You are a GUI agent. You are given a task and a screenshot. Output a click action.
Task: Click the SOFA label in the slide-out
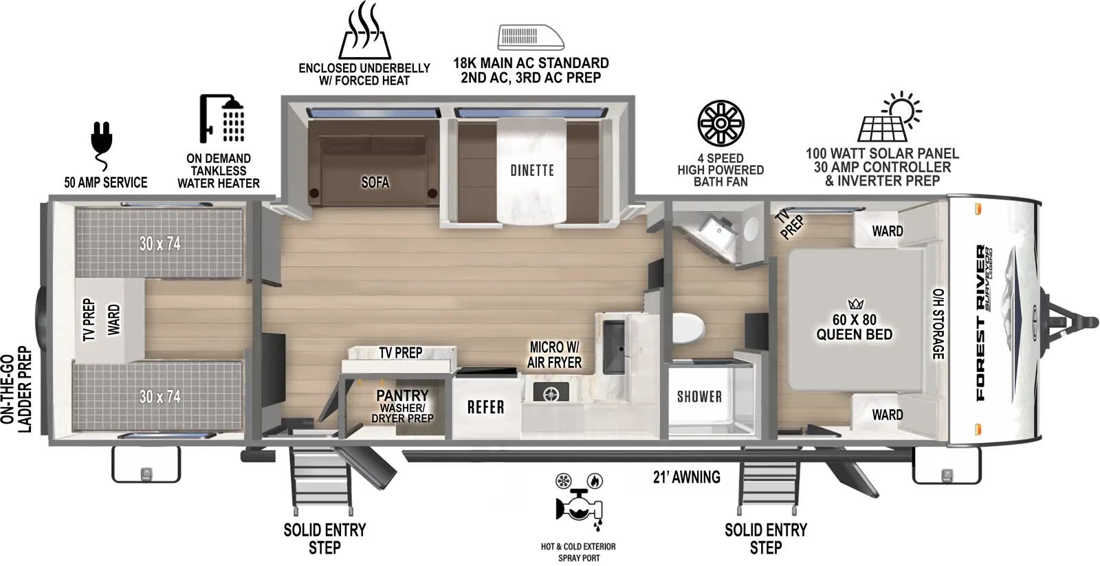tap(375, 182)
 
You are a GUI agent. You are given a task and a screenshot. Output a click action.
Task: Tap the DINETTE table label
tap(531, 170)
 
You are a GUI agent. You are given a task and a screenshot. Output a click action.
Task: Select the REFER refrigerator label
tap(485, 407)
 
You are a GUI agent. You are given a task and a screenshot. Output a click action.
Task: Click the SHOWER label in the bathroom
tap(699, 397)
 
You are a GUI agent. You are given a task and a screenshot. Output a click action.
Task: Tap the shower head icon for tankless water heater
tap(222, 117)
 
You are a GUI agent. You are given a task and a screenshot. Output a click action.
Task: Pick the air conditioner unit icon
tap(531, 37)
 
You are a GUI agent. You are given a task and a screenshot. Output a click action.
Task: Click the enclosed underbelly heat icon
tap(365, 31)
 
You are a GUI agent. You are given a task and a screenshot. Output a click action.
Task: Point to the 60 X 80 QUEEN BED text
tap(854, 327)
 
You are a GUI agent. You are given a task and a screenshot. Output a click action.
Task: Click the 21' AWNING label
tap(686, 477)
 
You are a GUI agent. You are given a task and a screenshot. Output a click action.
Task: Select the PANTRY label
tap(402, 395)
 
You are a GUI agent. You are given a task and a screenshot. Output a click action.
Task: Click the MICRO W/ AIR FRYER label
tap(554, 355)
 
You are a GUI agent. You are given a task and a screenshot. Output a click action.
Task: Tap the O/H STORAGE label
tap(938, 323)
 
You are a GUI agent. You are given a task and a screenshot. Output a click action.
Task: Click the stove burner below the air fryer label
tap(551, 393)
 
